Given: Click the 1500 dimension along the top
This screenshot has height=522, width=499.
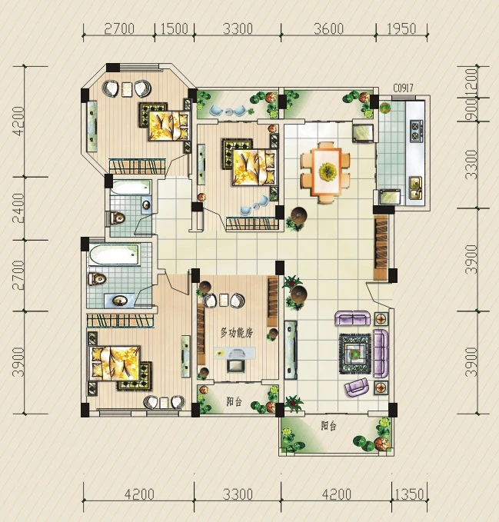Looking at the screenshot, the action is click(174, 28).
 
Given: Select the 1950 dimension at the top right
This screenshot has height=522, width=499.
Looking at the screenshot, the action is click(401, 28).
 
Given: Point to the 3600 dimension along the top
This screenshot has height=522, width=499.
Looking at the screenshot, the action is click(328, 28).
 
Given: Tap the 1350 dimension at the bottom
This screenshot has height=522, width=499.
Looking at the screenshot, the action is click(409, 494).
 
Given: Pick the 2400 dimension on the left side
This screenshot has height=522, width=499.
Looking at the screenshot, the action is click(18, 208).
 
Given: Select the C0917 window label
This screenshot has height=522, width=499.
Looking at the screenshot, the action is click(403, 88).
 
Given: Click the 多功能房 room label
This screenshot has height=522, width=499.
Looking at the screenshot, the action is click(237, 333).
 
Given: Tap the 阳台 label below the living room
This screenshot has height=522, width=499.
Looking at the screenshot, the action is click(329, 425).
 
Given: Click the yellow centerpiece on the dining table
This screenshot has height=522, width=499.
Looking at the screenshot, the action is click(326, 171).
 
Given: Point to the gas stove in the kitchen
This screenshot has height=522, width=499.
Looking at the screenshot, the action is click(415, 131).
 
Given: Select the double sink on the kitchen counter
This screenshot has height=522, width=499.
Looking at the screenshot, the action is click(415, 188).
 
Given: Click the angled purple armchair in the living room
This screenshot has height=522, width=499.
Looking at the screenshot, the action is click(357, 387).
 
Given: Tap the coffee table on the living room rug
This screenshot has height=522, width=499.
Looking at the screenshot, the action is click(355, 353).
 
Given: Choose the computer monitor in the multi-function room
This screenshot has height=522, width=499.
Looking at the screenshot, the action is click(236, 365).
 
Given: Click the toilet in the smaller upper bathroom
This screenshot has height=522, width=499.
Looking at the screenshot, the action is click(117, 218).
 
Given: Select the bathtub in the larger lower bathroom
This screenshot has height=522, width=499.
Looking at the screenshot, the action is click(114, 255).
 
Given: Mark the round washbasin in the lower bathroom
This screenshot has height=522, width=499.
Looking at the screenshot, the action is click(119, 301).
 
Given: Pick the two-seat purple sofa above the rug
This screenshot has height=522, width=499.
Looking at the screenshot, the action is click(352, 318).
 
